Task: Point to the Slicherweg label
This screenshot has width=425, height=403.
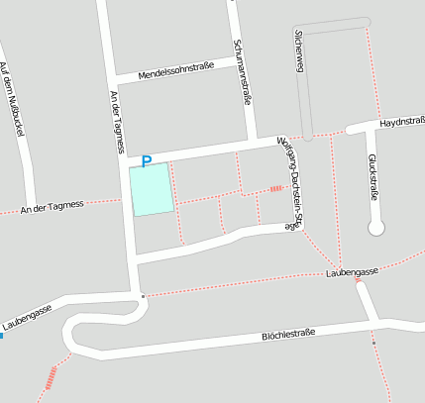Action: (298, 50)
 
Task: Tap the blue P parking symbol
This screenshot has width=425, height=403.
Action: (147, 160)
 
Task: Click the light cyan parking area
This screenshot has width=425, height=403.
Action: (152, 188)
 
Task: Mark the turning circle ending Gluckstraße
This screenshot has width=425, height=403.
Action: (375, 229)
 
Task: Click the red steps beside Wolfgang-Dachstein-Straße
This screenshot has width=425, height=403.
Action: (276, 188)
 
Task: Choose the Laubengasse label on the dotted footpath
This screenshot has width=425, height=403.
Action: (354, 270)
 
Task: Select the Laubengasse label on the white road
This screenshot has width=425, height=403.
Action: (27, 317)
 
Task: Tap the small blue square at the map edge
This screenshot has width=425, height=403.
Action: (2, 336)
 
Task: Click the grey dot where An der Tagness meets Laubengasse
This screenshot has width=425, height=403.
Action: (143, 295)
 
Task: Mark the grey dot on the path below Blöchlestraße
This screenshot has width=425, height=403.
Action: (374, 343)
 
